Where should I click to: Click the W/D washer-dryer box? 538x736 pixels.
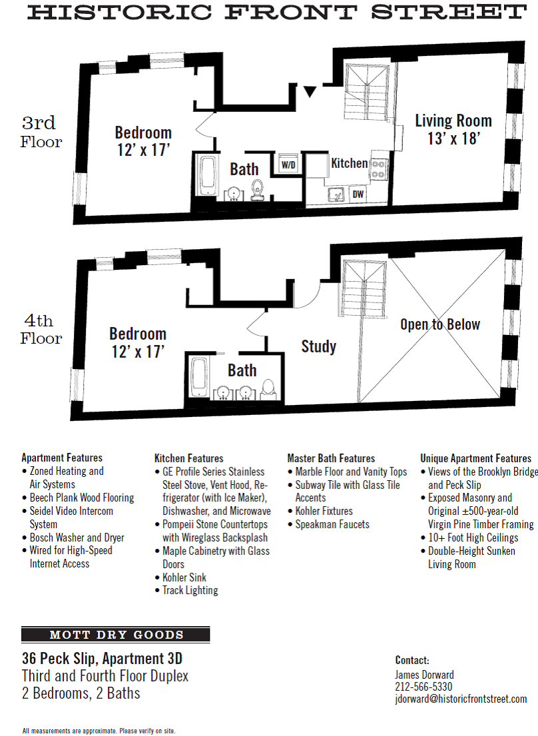[x=288, y=164]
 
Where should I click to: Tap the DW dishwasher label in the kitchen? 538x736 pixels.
[x=358, y=194]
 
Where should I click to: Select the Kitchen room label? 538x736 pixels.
[x=350, y=163]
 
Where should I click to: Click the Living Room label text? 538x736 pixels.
[x=453, y=121]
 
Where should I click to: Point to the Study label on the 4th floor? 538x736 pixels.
[x=318, y=346]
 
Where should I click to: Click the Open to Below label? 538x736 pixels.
[x=440, y=324]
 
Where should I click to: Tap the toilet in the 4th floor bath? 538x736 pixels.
[x=268, y=388]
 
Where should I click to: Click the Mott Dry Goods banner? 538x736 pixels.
[x=116, y=635]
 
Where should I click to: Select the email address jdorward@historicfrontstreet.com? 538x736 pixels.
[x=461, y=699]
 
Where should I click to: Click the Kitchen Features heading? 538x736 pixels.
[x=189, y=458]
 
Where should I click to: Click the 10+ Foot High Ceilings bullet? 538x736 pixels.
[x=473, y=538]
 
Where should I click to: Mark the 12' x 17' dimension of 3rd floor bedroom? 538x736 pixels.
[x=142, y=150]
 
